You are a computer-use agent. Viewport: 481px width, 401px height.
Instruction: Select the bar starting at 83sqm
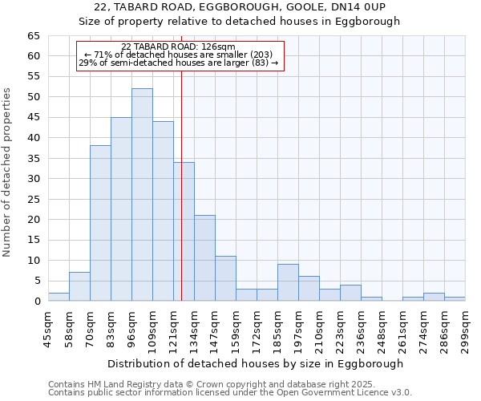click(121, 209)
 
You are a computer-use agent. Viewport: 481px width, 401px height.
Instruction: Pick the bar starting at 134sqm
click(204, 258)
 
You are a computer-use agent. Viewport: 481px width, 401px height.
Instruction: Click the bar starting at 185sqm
click(288, 282)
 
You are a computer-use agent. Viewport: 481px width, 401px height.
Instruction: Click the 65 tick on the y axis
click(33, 36)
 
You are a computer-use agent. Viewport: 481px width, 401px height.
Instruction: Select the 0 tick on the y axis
click(36, 302)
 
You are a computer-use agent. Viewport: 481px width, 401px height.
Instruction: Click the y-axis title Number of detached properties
click(8, 172)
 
